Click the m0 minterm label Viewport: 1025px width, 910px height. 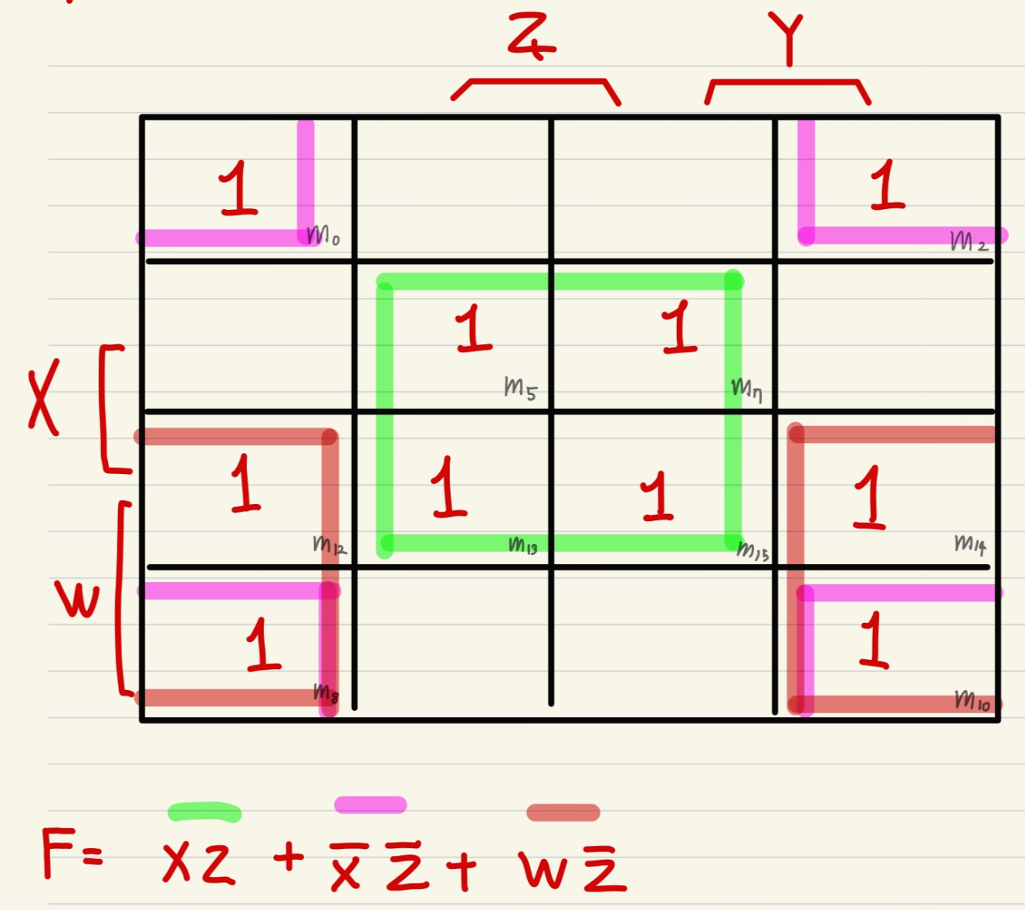click(323, 235)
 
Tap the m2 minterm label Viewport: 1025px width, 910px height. click(969, 242)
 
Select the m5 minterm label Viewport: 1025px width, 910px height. click(519, 387)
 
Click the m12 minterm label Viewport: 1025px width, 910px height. click(330, 545)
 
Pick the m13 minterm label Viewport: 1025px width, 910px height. click(523, 546)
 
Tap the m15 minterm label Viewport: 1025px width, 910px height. click(753, 550)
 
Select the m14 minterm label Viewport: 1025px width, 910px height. click(970, 544)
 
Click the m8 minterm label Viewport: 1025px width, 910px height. click(326, 693)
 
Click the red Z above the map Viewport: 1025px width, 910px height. click(531, 37)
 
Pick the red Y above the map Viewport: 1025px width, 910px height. click(787, 39)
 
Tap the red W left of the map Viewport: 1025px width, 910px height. click(77, 599)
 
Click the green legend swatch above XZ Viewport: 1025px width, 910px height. click(205, 812)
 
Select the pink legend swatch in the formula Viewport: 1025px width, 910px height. click(370, 805)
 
